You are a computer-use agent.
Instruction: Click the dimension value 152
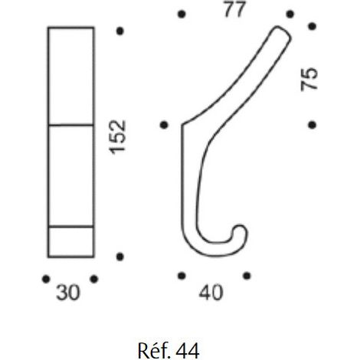118,137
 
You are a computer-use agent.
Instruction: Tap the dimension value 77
234,9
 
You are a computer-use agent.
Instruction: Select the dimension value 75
309,79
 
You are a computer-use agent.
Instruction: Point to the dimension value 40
211,293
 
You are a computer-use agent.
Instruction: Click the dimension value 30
68,293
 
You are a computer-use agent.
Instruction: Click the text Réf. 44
169,351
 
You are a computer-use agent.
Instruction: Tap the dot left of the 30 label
46,279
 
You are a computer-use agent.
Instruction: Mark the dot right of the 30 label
94,279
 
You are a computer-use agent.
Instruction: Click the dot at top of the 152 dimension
120,31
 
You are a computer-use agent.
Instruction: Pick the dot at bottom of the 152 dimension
120,257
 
